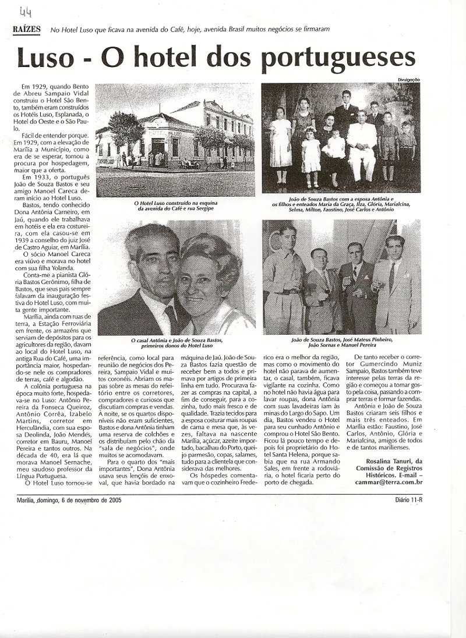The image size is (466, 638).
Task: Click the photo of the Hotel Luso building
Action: click(x=175, y=140)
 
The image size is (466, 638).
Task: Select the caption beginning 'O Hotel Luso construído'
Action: click(x=174, y=205)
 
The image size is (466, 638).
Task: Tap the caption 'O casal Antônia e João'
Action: click(x=175, y=343)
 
